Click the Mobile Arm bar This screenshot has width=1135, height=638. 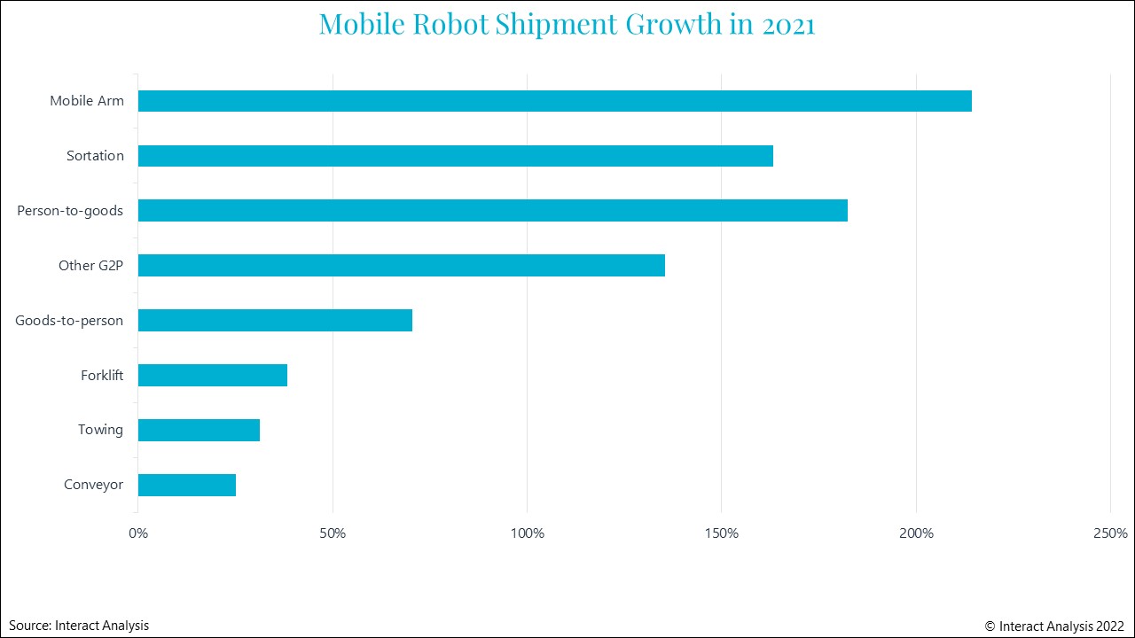[x=554, y=101]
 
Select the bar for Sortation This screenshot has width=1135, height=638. [x=455, y=156]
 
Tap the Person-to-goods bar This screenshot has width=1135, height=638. [x=492, y=211]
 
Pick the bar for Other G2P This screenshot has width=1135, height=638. [x=401, y=266]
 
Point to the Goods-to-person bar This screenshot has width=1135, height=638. [x=275, y=320]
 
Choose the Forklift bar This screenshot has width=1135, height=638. [x=212, y=375]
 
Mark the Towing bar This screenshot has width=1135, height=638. [x=199, y=430]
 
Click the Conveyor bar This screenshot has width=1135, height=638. [x=186, y=485]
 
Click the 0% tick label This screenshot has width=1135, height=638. [x=138, y=533]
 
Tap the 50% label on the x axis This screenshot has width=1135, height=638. [x=333, y=533]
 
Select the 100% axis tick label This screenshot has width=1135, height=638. [x=527, y=533]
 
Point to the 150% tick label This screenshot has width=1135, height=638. [x=721, y=533]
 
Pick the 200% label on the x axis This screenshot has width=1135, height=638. [x=916, y=533]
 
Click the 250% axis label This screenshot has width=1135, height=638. [x=1110, y=533]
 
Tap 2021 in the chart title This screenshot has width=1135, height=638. [x=788, y=24]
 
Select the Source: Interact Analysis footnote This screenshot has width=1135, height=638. [x=79, y=626]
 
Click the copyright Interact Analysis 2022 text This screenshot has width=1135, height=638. [x=1054, y=626]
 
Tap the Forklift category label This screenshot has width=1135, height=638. [x=102, y=375]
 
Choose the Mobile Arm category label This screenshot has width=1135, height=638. [x=87, y=101]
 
